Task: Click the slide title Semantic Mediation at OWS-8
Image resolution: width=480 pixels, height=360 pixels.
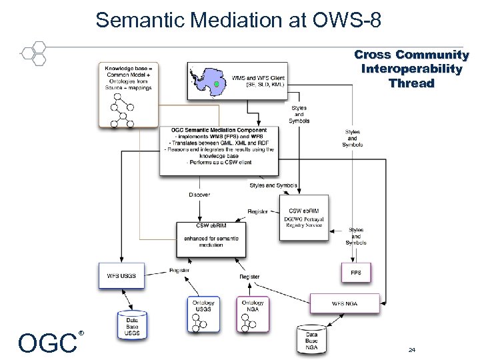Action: (239, 19)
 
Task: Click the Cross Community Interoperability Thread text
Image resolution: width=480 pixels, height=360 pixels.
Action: (411, 69)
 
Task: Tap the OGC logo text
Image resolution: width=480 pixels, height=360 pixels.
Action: (48, 343)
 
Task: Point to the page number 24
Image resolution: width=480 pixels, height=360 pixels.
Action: (412, 349)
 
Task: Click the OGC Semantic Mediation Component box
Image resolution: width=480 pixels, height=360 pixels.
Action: (218, 150)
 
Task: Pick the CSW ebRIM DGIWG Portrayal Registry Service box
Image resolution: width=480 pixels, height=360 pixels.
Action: (303, 217)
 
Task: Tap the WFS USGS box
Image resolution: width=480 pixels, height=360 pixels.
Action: (121, 276)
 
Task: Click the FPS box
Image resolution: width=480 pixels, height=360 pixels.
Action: (355, 273)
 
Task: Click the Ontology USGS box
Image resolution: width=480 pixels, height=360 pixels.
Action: (203, 314)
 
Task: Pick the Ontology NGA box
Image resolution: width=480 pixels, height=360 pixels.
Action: (253, 314)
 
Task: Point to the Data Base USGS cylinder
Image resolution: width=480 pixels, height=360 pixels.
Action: (132, 325)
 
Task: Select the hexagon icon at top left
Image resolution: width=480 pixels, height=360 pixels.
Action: (34, 53)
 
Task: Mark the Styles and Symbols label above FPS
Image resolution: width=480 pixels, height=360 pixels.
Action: (356, 236)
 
